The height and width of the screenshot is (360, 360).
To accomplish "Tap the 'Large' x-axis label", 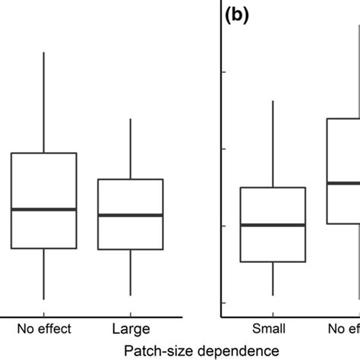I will coord(131,329).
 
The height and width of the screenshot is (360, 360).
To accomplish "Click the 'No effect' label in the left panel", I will coord(44,329).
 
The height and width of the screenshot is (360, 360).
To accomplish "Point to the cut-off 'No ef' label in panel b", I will coord(343,329).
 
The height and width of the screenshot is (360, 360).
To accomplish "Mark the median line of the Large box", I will coord(131,215).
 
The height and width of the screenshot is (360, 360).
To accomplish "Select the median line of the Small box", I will coord(273,225).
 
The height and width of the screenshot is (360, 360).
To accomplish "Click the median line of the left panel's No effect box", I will coord(43,209).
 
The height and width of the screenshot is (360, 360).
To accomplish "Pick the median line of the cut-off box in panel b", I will coord(343,182).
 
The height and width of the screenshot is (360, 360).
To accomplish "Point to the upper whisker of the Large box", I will coord(131,149).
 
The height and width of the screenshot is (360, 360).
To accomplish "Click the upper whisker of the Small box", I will coord(273,144).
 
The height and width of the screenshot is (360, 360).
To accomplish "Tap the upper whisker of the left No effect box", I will coord(43,103).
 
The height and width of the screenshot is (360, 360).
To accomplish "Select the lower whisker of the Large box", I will coord(131,272).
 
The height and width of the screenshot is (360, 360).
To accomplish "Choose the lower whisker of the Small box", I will coord(273,279).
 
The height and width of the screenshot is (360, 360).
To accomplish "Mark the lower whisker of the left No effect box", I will coord(43,273).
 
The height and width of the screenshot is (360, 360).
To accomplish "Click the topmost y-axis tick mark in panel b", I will coord(224,72).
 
